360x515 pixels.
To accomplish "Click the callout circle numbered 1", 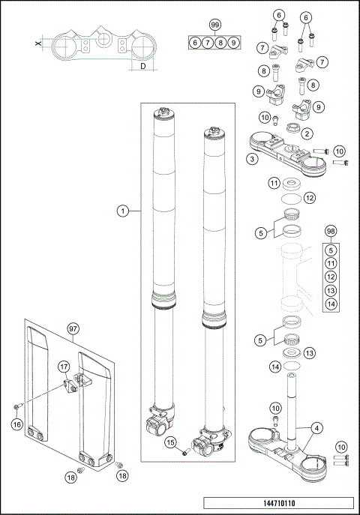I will (121, 211).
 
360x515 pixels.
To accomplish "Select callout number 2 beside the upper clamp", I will (307, 133).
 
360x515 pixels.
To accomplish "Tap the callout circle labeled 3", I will (253, 159).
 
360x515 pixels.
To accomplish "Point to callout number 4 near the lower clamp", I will (318, 428).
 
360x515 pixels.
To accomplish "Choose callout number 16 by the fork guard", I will (16, 424).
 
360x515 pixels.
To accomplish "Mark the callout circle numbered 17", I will (64, 367).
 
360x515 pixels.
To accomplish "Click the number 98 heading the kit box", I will (331, 231).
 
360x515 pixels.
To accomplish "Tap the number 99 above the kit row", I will (215, 25).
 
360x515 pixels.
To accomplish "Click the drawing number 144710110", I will (278, 505).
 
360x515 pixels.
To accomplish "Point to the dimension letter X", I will (39, 45).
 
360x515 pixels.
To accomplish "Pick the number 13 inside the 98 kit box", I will (331, 289).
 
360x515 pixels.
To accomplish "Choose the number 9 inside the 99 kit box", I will (235, 43).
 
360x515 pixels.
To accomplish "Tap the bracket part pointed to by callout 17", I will (75, 385).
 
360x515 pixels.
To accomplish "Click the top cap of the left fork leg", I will (166, 115).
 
